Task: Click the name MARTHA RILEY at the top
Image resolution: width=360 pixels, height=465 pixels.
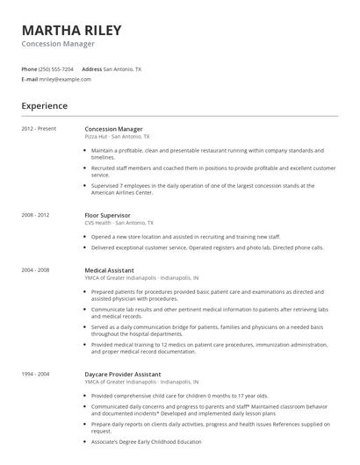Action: tap(71, 31)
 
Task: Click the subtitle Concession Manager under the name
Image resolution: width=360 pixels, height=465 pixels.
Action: tap(59, 43)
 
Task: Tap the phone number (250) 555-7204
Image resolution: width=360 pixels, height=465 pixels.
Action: tap(57, 68)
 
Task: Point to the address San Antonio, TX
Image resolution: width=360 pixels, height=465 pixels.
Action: tap(123, 68)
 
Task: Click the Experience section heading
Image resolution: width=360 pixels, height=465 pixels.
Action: tap(44, 106)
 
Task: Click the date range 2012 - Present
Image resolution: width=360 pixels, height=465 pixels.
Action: tap(39, 129)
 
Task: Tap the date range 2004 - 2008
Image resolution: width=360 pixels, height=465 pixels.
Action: tap(35, 269)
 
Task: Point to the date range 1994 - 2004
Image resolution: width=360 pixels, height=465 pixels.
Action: tap(35, 375)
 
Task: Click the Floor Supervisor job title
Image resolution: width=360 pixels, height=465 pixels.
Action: tap(107, 215)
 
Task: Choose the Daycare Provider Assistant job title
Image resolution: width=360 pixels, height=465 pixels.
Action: tap(122, 375)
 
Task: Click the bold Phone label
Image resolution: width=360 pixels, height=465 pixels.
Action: tap(29, 68)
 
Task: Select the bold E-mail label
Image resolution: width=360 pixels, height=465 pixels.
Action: tap(30, 79)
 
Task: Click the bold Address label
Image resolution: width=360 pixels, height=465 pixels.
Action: tap(91, 68)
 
